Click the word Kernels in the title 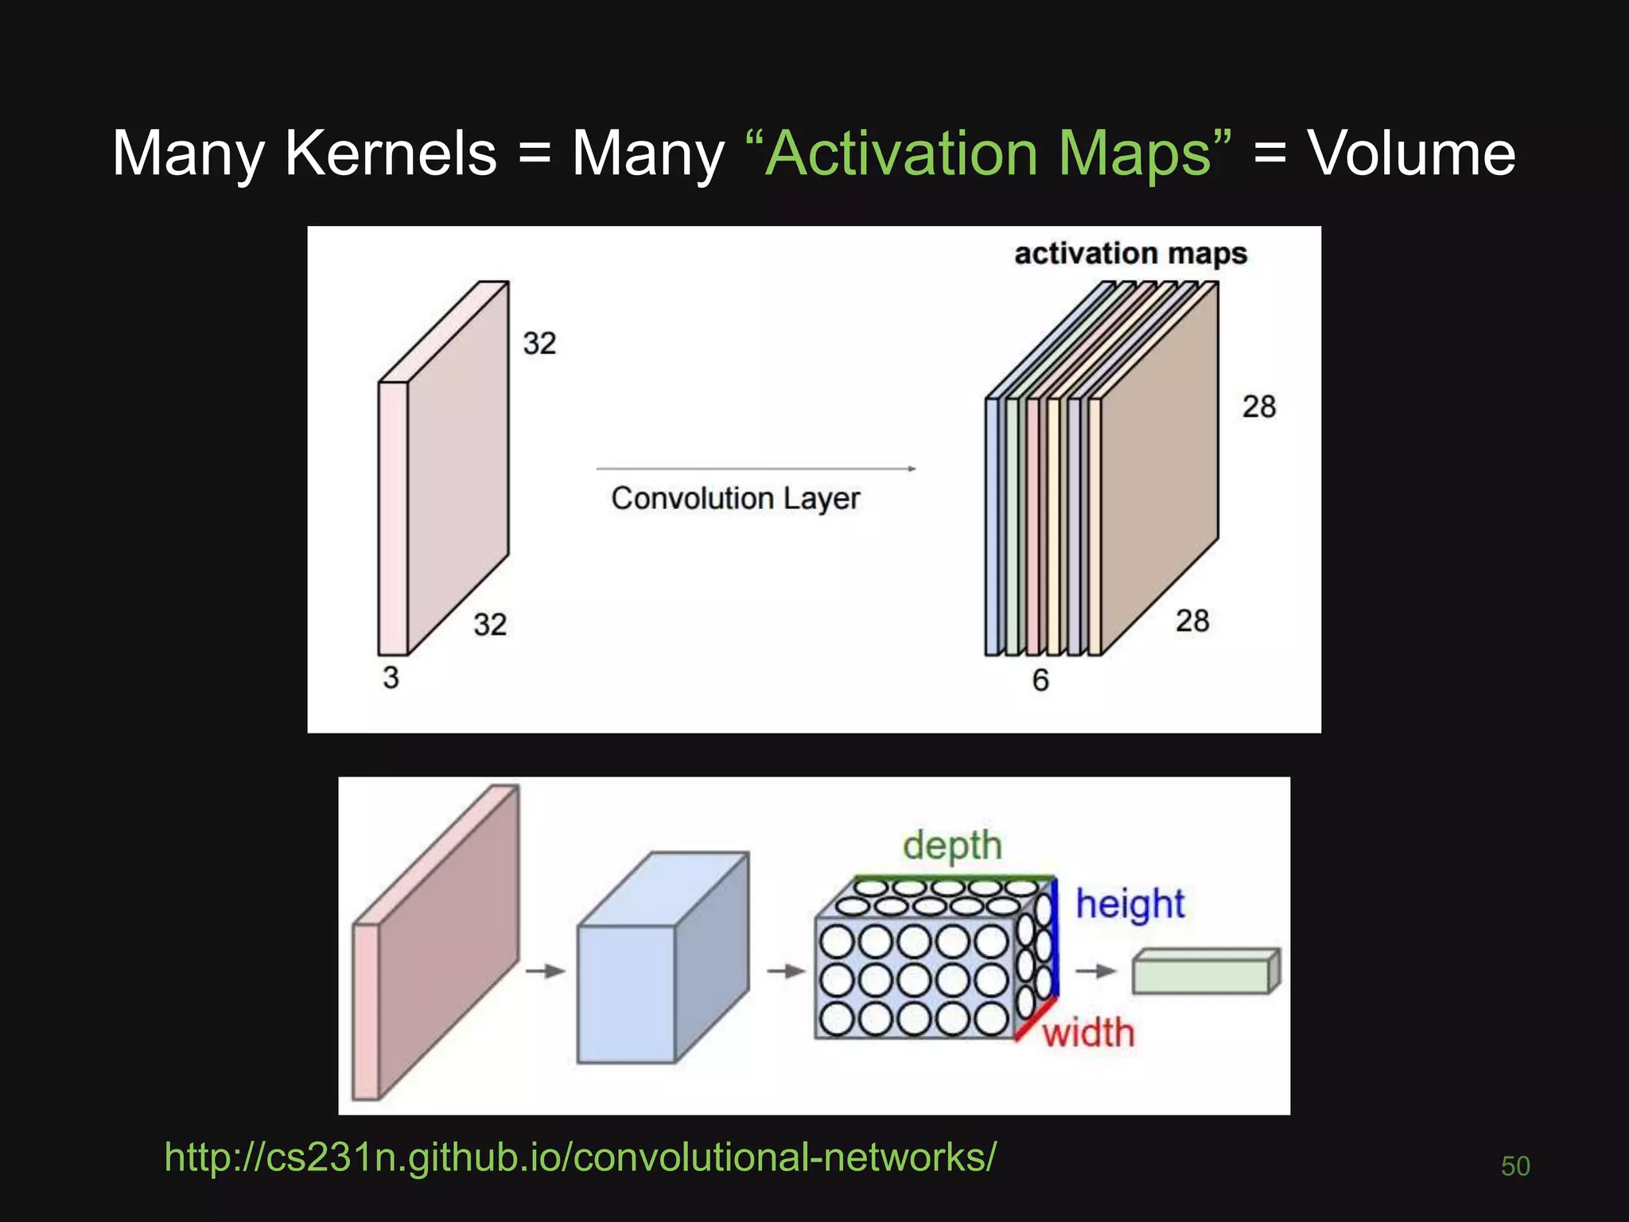tap(391, 153)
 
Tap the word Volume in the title tap(1412, 153)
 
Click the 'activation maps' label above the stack tap(1130, 254)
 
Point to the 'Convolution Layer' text tap(735, 499)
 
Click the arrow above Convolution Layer tap(756, 469)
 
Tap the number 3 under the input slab tap(391, 678)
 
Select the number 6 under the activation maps tap(1040, 680)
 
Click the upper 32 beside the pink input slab tap(539, 344)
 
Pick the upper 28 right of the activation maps tap(1259, 407)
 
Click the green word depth tap(952, 846)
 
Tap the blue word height tap(1129, 905)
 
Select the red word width tap(1088, 1033)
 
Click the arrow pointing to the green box tap(1095, 971)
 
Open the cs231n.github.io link tap(580, 1157)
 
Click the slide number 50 tap(1515, 1166)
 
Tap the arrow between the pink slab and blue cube tap(545, 971)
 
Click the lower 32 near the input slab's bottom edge tap(490, 625)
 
